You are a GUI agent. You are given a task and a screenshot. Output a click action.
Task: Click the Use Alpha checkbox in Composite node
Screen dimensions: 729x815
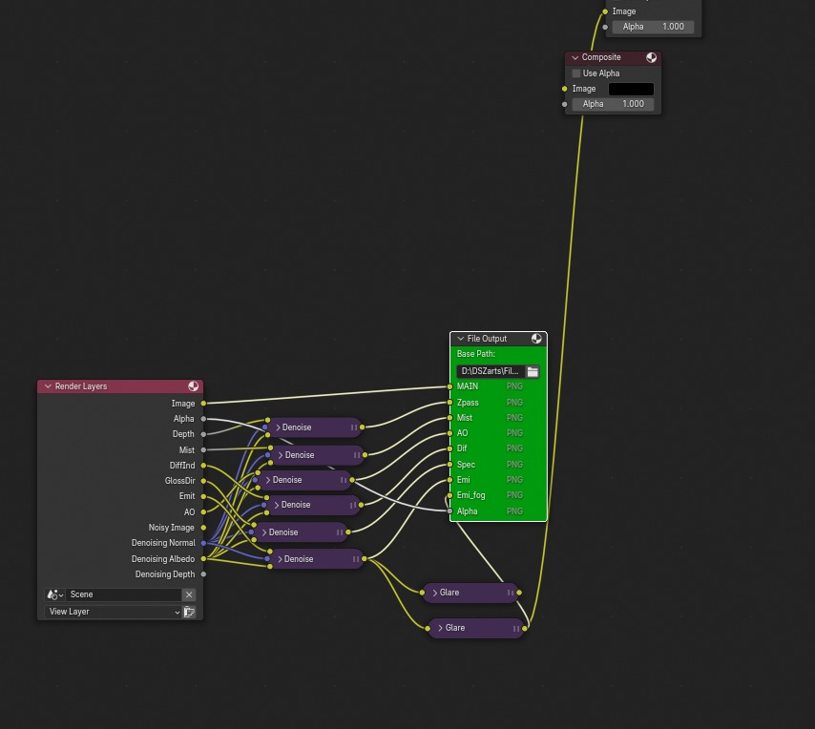pyautogui.click(x=576, y=73)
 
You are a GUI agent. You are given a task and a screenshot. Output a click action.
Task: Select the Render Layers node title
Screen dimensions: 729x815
pyautogui.click(x=81, y=386)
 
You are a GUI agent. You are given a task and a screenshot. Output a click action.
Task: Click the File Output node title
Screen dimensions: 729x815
pyautogui.click(x=487, y=339)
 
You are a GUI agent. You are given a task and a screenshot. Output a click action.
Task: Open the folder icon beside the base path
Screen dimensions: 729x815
pyautogui.click(x=533, y=371)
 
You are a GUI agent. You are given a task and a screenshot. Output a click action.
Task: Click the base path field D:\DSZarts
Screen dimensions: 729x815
pyautogui.click(x=490, y=371)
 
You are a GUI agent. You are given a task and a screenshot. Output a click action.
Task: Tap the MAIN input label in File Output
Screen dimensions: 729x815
pyautogui.click(x=468, y=386)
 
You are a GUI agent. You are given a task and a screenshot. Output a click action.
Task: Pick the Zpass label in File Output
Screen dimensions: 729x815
pyautogui.click(x=468, y=403)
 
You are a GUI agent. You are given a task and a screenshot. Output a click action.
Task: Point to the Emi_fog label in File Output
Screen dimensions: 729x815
pyautogui.click(x=471, y=495)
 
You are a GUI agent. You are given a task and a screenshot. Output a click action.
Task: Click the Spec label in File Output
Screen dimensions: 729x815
pyautogui.click(x=466, y=465)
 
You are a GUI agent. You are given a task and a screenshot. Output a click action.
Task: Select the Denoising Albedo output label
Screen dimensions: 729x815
pyautogui.click(x=162, y=559)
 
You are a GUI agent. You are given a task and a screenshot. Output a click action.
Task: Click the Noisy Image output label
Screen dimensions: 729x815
pyautogui.click(x=171, y=528)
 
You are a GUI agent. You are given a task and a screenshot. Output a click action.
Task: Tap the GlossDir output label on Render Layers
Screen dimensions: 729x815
pyautogui.click(x=179, y=481)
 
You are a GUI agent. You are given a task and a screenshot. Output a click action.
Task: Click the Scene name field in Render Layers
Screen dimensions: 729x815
pyautogui.click(x=122, y=594)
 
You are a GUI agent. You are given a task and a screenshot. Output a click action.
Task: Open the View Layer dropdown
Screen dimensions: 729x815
pyautogui.click(x=114, y=612)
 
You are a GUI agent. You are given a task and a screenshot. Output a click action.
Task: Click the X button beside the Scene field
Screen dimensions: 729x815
pyautogui.click(x=189, y=594)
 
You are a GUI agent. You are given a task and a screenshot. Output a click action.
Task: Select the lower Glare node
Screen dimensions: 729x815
pyautogui.click(x=475, y=628)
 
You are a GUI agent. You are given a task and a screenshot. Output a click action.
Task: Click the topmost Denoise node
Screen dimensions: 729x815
pyautogui.click(x=314, y=427)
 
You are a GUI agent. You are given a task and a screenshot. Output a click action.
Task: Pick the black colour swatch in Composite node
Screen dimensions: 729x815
pyautogui.click(x=631, y=89)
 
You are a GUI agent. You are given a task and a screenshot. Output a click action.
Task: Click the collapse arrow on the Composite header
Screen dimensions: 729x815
pyautogui.click(x=575, y=57)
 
